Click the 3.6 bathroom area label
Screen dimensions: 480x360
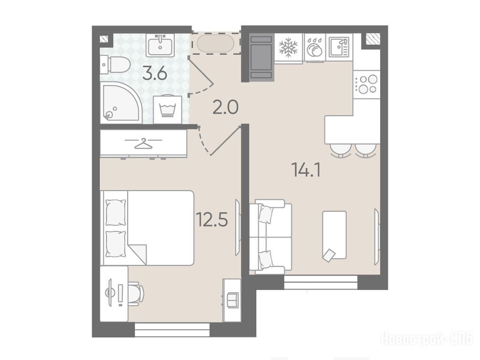tap(155, 74)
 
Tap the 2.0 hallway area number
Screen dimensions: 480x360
tap(225, 107)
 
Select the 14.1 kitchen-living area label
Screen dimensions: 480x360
tap(307, 170)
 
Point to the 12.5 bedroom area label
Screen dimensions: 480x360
tap(212, 219)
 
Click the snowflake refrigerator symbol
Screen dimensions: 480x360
tap(288, 47)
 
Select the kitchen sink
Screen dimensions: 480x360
tap(339, 47)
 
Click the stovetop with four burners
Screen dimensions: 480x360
tap(367, 84)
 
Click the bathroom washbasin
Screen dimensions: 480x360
tap(160, 45)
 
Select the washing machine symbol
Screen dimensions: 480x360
tap(167, 109)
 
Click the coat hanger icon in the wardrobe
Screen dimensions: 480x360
tap(143, 143)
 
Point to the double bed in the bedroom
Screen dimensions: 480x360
tap(147, 228)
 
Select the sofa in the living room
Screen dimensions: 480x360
tap(270, 236)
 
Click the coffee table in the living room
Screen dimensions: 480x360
tap(334, 235)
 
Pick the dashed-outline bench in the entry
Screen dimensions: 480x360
tap(216, 43)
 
